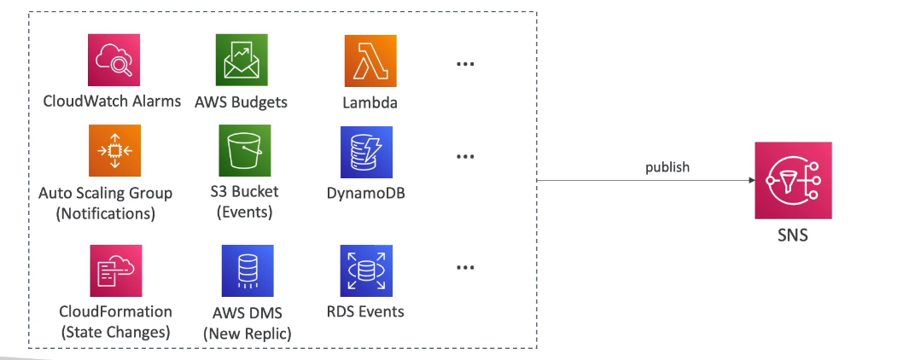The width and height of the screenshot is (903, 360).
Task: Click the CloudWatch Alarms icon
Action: point(114,60)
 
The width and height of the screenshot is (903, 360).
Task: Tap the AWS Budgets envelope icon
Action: point(242,60)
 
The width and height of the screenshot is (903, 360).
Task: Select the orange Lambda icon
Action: point(370,61)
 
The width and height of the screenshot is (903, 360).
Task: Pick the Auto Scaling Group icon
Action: point(114,151)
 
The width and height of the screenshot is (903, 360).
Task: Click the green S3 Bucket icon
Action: point(244,151)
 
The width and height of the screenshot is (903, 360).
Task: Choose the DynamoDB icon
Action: point(366,152)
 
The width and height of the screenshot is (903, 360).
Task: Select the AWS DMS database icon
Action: point(246,271)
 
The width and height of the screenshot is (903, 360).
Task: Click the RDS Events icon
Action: point(365,271)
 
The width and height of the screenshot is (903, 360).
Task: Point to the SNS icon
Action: point(780,180)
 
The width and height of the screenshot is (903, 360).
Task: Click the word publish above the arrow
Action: point(667,167)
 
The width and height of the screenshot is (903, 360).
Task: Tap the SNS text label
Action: point(780,235)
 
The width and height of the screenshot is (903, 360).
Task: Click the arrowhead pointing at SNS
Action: point(751,181)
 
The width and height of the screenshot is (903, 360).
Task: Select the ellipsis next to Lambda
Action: point(465,66)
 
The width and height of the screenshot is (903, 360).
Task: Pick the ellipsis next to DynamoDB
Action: point(465,157)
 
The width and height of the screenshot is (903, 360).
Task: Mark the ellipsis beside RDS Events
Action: point(465,268)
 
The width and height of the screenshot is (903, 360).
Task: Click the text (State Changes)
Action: point(116,332)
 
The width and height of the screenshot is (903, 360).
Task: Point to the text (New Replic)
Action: point(248,334)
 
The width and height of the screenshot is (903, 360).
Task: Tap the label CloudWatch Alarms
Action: point(112,102)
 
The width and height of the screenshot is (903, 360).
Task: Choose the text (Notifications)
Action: point(106,213)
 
